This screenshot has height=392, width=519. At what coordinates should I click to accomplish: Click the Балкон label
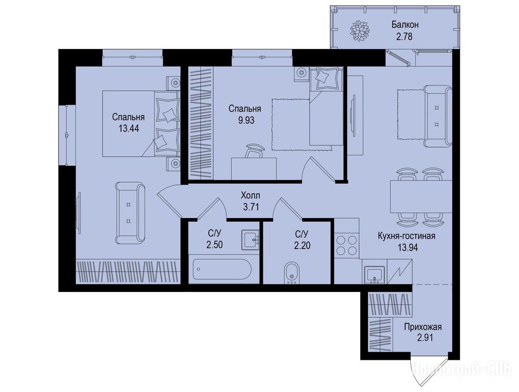[405, 24]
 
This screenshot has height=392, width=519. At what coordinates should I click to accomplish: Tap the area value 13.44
[129, 128]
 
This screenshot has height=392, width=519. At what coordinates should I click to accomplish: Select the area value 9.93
[246, 120]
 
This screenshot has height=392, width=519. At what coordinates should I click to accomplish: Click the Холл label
[251, 195]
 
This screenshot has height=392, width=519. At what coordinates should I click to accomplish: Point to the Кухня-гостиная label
[406, 236]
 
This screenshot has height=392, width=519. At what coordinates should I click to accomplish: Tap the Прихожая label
[423, 327]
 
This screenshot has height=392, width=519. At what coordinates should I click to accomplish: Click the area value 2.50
[214, 245]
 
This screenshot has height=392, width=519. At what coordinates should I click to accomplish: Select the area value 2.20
[302, 246]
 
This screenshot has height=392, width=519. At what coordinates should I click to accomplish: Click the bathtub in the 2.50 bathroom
[222, 270]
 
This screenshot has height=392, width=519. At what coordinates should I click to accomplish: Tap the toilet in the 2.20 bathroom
[291, 273]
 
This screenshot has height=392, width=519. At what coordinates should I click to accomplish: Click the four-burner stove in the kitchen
[347, 244]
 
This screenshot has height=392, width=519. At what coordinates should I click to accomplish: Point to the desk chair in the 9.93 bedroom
[254, 151]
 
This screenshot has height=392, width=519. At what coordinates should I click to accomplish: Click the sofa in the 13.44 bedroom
[130, 213]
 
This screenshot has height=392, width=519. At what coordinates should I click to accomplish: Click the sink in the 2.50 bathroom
[250, 239]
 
